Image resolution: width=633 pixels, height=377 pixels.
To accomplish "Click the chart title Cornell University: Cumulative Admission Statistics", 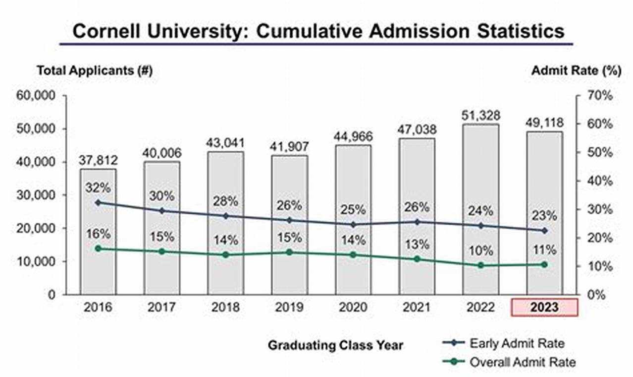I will point(318,31).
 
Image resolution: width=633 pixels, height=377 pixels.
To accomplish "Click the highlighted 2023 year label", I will point(544,308).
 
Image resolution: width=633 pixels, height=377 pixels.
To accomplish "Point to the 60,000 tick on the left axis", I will point(37,96).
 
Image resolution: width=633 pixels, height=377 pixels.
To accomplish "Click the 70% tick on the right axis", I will point(601,96).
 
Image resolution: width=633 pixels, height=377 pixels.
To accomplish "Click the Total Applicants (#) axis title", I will point(95,70).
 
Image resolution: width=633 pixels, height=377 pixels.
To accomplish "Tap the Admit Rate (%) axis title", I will point(576,70).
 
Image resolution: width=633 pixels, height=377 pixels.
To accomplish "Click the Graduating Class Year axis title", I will point(335,345).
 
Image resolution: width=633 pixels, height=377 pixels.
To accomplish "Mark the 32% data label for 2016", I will point(98,188).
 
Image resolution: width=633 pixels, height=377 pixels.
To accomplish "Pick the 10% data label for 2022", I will point(480,251).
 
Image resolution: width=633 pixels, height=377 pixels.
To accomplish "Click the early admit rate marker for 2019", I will point(289,220).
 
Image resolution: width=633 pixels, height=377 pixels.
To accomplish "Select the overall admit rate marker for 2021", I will point(417,259).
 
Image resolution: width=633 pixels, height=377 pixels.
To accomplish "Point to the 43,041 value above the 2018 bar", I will point(225,142).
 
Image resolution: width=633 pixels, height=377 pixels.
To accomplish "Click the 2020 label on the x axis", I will point(353,308).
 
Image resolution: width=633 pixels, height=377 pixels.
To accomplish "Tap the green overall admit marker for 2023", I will point(544,264).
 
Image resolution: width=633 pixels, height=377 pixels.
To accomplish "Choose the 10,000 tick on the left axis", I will point(37,261).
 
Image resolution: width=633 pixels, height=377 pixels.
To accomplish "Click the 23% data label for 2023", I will point(544,216).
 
